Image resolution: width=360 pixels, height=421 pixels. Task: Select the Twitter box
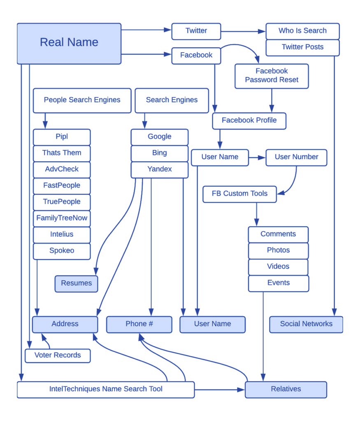click(196, 31)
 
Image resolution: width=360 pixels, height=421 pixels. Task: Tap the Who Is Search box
click(302, 31)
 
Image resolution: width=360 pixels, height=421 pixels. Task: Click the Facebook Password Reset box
click(272, 76)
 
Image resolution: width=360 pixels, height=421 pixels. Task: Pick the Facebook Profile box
click(249, 120)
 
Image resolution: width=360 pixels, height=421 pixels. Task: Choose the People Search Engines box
click(82, 100)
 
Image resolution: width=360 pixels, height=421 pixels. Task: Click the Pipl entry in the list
click(62, 137)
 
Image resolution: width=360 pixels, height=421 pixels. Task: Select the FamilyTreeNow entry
click(62, 218)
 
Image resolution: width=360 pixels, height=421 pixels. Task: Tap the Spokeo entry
click(62, 251)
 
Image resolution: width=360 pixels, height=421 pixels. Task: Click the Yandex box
click(160, 169)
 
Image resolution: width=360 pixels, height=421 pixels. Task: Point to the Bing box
click(160, 153)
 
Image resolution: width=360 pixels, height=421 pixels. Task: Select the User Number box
click(296, 157)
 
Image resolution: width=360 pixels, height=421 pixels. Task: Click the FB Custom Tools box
click(240, 194)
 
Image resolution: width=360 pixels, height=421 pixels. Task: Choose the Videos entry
click(279, 267)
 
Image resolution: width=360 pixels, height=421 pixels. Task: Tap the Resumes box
click(77, 283)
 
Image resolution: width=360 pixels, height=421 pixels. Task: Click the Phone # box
click(139, 324)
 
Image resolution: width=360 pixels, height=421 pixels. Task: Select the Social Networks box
click(306, 324)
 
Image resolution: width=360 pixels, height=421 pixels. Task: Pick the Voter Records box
click(58, 355)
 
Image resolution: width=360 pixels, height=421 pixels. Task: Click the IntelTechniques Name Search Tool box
click(106, 389)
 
